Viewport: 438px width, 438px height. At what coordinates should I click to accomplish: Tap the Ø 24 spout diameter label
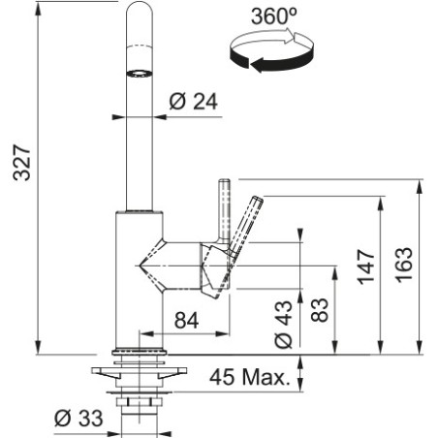click(x=193, y=102)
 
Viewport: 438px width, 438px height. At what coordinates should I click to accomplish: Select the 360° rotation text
click(x=274, y=16)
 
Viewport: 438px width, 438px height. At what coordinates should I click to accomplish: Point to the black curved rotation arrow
click(x=271, y=60)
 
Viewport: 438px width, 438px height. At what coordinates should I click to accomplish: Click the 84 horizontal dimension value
click(x=186, y=321)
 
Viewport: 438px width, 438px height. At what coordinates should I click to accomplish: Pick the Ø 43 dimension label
click(x=283, y=325)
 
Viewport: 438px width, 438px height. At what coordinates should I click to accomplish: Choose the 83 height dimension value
click(x=320, y=310)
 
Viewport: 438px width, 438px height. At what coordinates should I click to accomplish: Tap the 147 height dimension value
click(x=366, y=266)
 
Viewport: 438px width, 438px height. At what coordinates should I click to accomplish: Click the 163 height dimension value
click(x=405, y=265)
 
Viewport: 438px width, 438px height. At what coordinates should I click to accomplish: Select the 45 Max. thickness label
click(x=250, y=377)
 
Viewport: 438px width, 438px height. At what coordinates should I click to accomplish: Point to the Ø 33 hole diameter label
click(x=78, y=419)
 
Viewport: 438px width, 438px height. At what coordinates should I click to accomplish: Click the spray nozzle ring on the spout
click(x=139, y=74)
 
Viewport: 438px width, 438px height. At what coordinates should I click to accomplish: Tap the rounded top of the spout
click(x=140, y=10)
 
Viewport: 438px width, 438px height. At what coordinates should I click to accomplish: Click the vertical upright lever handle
click(x=224, y=210)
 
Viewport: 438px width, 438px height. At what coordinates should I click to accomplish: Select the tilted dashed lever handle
click(x=245, y=225)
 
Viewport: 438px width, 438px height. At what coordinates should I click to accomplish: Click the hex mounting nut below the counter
click(x=139, y=402)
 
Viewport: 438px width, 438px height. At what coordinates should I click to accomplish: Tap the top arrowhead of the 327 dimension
click(x=38, y=9)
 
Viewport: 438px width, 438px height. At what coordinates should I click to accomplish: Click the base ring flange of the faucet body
click(x=140, y=351)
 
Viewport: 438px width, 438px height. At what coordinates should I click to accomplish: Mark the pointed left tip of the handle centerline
click(x=139, y=266)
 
